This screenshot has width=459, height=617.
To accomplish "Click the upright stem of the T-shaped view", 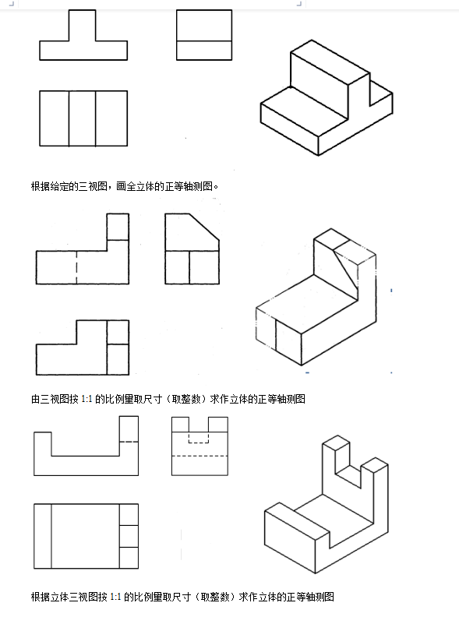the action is (x=83, y=25).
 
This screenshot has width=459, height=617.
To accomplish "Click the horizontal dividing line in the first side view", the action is (x=204, y=41).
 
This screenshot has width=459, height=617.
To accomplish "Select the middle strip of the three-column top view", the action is (x=83, y=118).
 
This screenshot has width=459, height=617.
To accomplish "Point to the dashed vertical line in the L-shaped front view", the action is (x=76, y=267).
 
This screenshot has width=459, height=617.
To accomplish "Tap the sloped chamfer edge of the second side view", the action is (x=204, y=227).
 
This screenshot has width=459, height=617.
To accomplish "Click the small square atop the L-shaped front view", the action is (x=118, y=227).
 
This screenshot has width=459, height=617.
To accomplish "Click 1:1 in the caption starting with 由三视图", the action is (x=87, y=399).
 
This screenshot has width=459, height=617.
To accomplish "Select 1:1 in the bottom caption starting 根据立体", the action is (x=116, y=597).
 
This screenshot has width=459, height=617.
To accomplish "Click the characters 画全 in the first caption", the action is (x=125, y=186).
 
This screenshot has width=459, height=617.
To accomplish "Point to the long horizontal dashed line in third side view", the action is (x=199, y=456).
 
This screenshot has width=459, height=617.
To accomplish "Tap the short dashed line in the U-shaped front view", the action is (x=129, y=442).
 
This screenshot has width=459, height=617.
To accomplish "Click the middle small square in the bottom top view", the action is (x=129, y=536).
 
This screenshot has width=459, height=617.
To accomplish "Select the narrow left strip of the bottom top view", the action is (x=43, y=536).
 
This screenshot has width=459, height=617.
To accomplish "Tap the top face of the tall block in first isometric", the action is (x=330, y=62).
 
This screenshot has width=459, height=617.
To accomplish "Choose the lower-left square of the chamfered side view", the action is (x=177, y=267).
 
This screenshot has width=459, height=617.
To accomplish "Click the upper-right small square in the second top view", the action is (x=118, y=332).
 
